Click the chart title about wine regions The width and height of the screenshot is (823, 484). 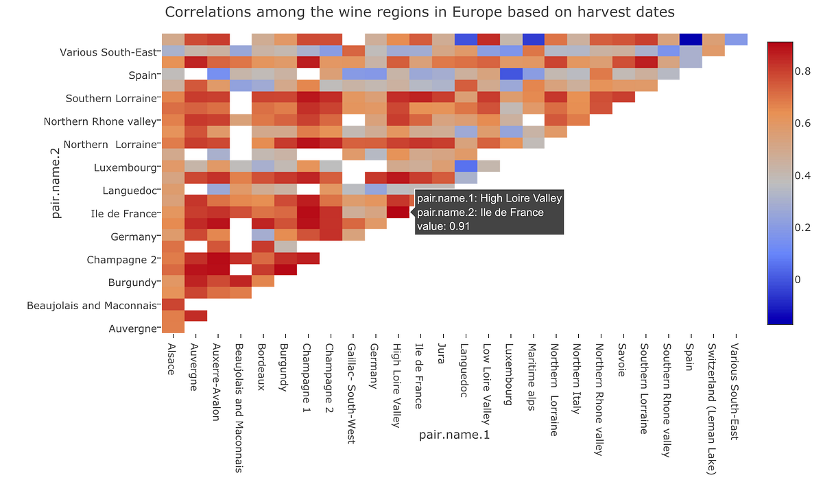pyautogui.click(x=420, y=12)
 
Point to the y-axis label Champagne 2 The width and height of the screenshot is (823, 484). pyautogui.click(x=122, y=260)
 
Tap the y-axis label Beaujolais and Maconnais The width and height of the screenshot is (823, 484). pyautogui.click(x=91, y=306)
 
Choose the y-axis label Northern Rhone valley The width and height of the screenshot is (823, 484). pyautogui.click(x=100, y=121)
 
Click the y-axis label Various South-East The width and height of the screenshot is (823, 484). pyautogui.click(x=108, y=52)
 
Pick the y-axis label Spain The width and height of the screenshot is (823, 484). pyautogui.click(x=143, y=75)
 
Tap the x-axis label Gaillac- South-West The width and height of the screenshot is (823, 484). pyautogui.click(x=351, y=394)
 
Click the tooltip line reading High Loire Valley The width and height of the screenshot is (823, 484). pyautogui.click(x=489, y=199)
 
